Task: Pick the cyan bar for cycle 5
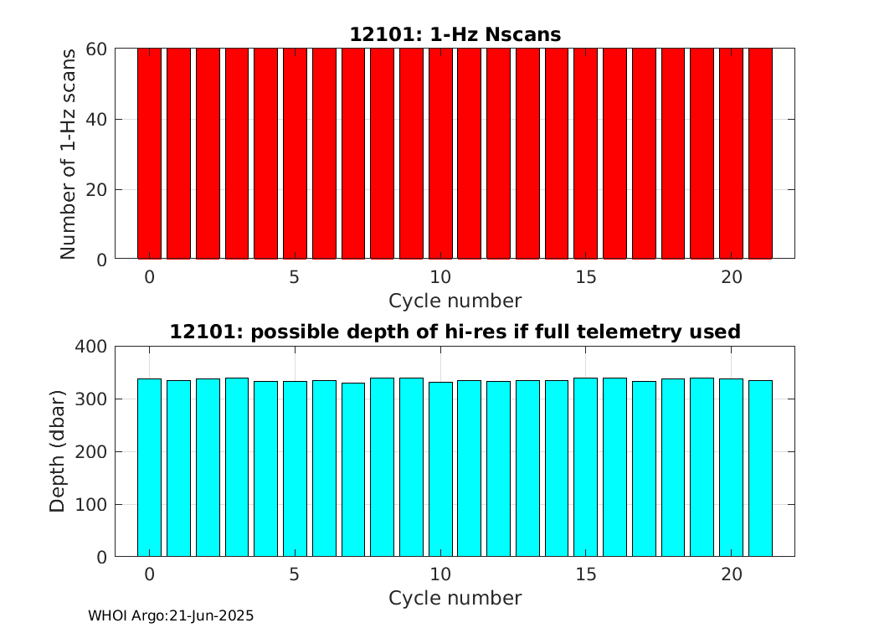tap(295, 469)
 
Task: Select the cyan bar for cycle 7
tap(353, 470)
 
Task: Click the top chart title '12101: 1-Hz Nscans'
tap(455, 34)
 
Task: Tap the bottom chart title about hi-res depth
tap(455, 332)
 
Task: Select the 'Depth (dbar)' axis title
tap(58, 451)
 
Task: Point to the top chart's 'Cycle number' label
tap(455, 301)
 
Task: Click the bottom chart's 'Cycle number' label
tap(455, 598)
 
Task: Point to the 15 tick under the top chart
tap(586, 277)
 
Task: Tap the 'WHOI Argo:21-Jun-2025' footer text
tap(171, 615)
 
